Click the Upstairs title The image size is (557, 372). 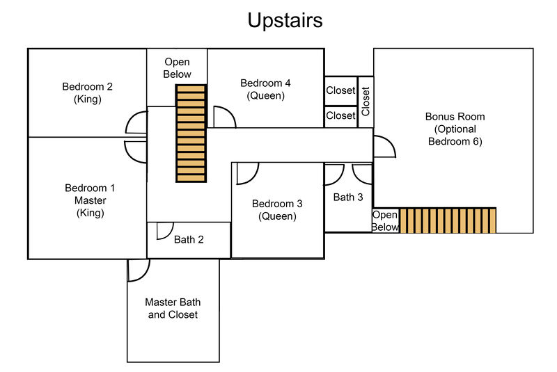[285, 21]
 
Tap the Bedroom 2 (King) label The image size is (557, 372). [88, 92]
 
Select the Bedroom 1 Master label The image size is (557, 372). [90, 200]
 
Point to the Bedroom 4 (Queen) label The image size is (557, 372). [265, 89]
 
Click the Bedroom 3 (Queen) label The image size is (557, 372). [277, 209]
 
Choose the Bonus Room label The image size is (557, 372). [455, 129]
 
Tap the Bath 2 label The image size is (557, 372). [189, 240]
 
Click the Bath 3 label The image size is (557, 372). [348, 197]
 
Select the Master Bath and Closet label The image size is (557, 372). [173, 308]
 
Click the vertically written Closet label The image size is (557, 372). [366, 102]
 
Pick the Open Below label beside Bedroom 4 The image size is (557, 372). [177, 68]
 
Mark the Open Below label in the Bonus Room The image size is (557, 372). [385, 220]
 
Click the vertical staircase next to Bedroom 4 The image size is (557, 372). [191, 134]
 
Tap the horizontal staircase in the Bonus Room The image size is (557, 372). [448, 220]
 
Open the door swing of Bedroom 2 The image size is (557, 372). [136, 122]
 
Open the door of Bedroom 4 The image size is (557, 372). [224, 117]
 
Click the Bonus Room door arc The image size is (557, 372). [385, 147]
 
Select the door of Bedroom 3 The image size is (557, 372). [248, 174]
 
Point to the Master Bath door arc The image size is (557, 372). [139, 270]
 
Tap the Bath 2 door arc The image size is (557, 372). [165, 231]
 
